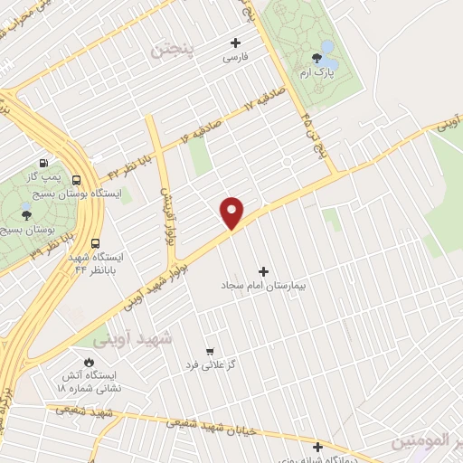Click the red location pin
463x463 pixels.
pos(232,212)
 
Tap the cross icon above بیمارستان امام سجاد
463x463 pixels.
pos(264,271)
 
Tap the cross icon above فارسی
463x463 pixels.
pos(236,43)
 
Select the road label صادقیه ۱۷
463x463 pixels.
pos(261,101)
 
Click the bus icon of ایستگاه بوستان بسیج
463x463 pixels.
pos(77,180)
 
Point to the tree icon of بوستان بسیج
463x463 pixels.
pos(26,215)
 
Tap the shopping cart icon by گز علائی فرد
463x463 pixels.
pos(210,351)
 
